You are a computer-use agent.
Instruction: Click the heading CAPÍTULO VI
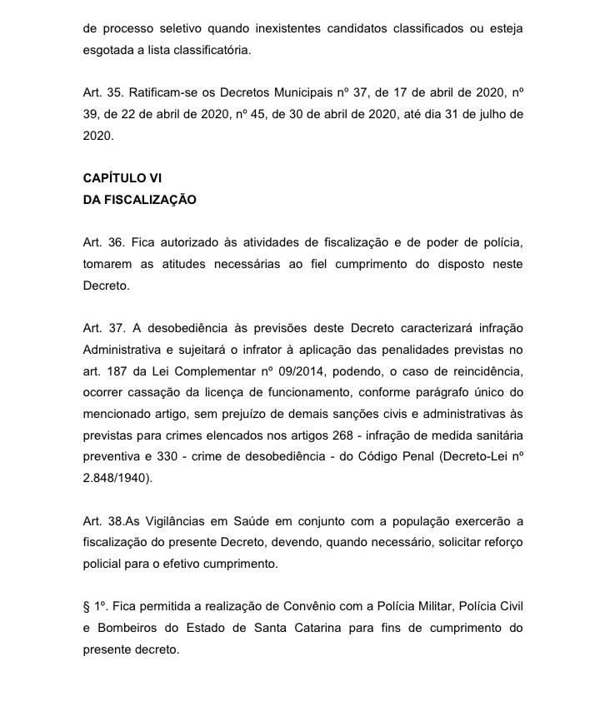pos(122,178)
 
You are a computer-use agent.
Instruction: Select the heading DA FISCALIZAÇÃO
pos(139,200)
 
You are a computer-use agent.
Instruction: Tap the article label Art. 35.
pos(102,92)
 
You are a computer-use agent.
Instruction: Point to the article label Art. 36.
pos(102,242)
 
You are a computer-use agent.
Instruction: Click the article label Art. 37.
pos(102,328)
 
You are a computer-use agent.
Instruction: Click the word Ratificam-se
pos(164,92)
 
